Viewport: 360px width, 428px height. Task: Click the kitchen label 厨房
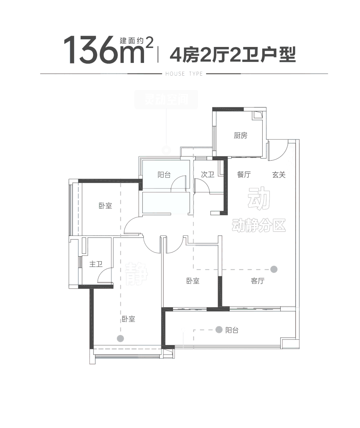(x=240, y=136)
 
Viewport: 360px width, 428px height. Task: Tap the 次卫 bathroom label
(x=208, y=174)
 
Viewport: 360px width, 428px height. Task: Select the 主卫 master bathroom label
(x=96, y=264)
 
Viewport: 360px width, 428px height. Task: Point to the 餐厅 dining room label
(x=244, y=174)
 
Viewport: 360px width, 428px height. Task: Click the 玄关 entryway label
(x=279, y=174)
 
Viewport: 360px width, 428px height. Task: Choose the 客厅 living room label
(x=258, y=281)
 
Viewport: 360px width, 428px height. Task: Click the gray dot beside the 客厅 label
(x=274, y=269)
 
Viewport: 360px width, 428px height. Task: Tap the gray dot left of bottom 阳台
(x=219, y=330)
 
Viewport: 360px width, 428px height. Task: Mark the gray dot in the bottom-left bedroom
(x=121, y=338)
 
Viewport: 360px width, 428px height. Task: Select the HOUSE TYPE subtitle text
(x=184, y=74)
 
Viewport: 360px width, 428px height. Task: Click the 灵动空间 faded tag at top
(x=166, y=100)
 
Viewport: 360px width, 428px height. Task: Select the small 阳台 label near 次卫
(x=164, y=175)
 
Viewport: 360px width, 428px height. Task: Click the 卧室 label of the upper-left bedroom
(x=105, y=206)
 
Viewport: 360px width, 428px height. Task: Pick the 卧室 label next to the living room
(x=193, y=281)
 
